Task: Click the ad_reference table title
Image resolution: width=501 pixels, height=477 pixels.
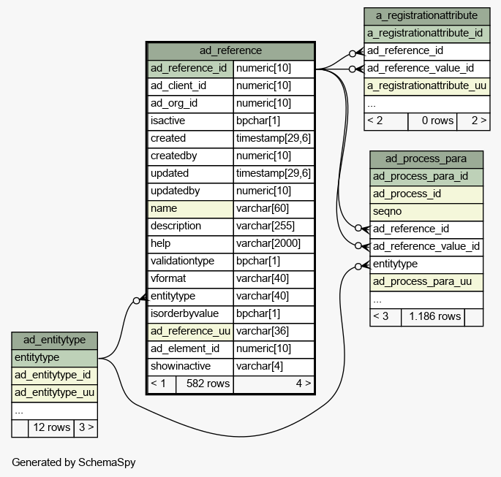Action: [x=230, y=50]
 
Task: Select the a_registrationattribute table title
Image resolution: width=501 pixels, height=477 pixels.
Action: [x=426, y=15]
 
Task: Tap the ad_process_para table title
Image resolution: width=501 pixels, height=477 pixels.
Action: [x=426, y=159]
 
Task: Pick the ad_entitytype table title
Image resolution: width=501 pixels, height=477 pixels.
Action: [x=54, y=340]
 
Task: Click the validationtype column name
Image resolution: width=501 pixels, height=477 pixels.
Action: [x=182, y=261]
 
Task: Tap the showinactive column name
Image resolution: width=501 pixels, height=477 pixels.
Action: [x=181, y=366]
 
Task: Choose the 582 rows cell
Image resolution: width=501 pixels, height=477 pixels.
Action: [x=205, y=383]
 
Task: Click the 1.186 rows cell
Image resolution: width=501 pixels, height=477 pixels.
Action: [x=433, y=316]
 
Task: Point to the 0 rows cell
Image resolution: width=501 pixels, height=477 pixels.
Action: [x=432, y=121]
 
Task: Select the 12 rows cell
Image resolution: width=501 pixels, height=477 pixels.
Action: [x=51, y=427]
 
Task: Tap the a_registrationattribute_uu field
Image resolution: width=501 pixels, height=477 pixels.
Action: [x=426, y=86]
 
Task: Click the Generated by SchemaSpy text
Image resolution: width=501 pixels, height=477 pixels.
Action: [x=73, y=462]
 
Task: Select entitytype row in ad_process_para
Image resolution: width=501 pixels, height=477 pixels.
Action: [x=426, y=264]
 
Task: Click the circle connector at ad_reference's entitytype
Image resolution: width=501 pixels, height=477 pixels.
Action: [x=137, y=300]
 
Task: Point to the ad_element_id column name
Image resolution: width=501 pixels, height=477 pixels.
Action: [x=185, y=348]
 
